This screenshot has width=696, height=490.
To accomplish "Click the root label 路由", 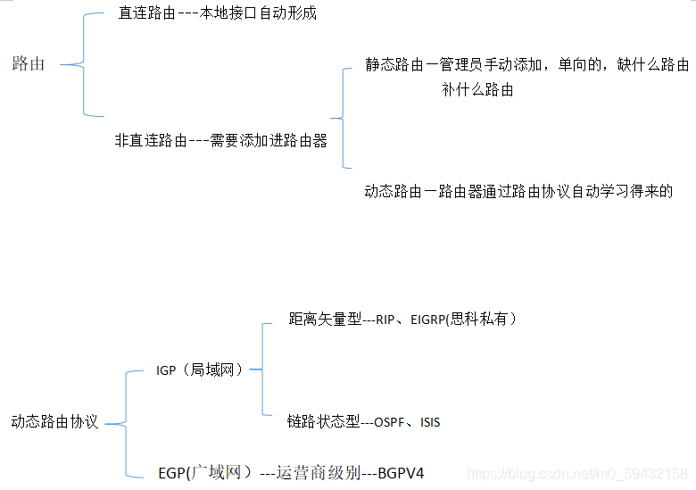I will click(x=29, y=64).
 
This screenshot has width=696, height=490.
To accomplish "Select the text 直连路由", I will click(x=145, y=14).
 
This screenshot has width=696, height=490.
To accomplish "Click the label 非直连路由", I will click(x=151, y=140).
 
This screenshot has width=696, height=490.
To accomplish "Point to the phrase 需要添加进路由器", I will click(x=269, y=140).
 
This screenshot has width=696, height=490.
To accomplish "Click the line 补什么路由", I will click(x=477, y=90).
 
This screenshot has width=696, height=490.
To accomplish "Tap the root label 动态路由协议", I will click(x=54, y=421).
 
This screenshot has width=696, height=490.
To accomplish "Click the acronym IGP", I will click(x=166, y=370).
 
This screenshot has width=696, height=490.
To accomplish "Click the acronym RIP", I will click(x=385, y=320).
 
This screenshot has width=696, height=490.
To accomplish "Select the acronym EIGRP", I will click(x=430, y=320).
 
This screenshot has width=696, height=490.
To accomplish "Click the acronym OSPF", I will click(x=389, y=422).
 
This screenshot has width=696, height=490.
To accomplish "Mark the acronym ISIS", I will click(x=430, y=422).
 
